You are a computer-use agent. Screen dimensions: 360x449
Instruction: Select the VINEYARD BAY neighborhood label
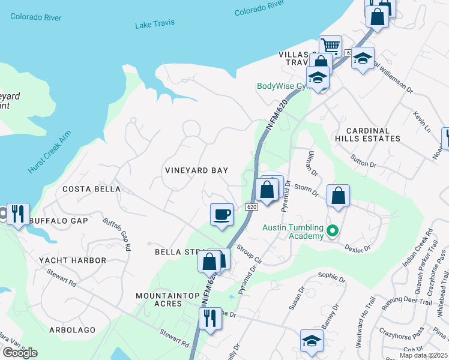(196, 170)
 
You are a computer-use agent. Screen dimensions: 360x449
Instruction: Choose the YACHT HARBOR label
(73, 260)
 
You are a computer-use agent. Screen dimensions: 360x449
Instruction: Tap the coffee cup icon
(221, 214)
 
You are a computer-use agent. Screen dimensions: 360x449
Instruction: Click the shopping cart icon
(330, 46)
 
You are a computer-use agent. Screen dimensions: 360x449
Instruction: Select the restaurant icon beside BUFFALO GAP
(17, 213)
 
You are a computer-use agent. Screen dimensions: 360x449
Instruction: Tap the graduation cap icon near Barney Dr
(311, 340)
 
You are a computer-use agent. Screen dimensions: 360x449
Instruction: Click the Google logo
(20, 352)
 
